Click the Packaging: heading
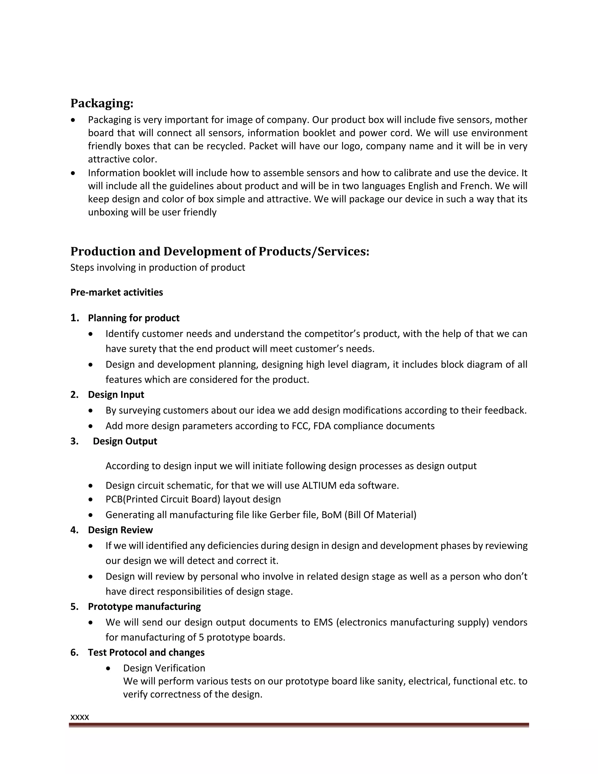(102, 103)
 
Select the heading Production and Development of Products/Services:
(220, 251)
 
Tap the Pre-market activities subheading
(117, 292)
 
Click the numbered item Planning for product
(133, 318)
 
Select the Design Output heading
(125, 441)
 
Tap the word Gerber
(284, 515)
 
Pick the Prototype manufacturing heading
(144, 606)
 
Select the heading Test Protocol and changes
(146, 652)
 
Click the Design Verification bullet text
(164, 668)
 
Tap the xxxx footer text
(80, 717)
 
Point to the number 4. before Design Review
(74, 530)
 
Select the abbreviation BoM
(332, 515)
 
